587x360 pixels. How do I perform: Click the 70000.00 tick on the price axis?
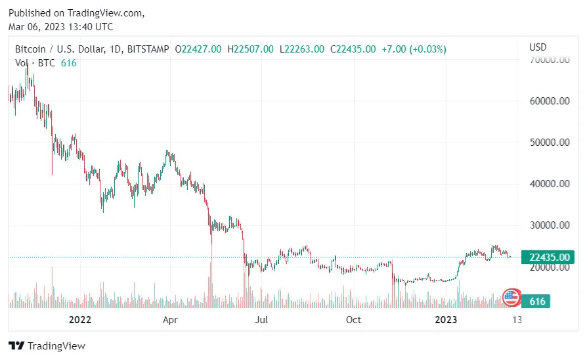tap(549, 60)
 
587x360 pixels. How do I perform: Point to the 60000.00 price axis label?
tap(549, 101)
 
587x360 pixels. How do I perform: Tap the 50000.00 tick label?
tap(549, 143)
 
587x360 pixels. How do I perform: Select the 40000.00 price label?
tap(549, 184)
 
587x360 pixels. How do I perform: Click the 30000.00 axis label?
tap(549, 225)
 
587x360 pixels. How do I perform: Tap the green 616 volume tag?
tap(538, 302)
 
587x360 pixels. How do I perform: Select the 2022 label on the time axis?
tap(79, 320)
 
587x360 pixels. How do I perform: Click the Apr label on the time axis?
tap(170, 320)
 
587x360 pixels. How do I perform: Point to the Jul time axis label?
tap(262, 320)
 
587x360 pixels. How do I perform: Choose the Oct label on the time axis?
tap(353, 320)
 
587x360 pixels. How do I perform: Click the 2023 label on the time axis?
tap(446, 320)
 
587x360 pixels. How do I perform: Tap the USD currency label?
tap(538, 47)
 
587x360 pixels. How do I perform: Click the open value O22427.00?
tap(198, 49)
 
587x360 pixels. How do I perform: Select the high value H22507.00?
tap(251, 49)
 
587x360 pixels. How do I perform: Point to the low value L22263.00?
tap(302, 49)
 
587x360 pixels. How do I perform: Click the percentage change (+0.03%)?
tap(427, 49)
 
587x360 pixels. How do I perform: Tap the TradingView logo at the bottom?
tap(47, 346)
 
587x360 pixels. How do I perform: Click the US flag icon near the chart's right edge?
tap(511, 297)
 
